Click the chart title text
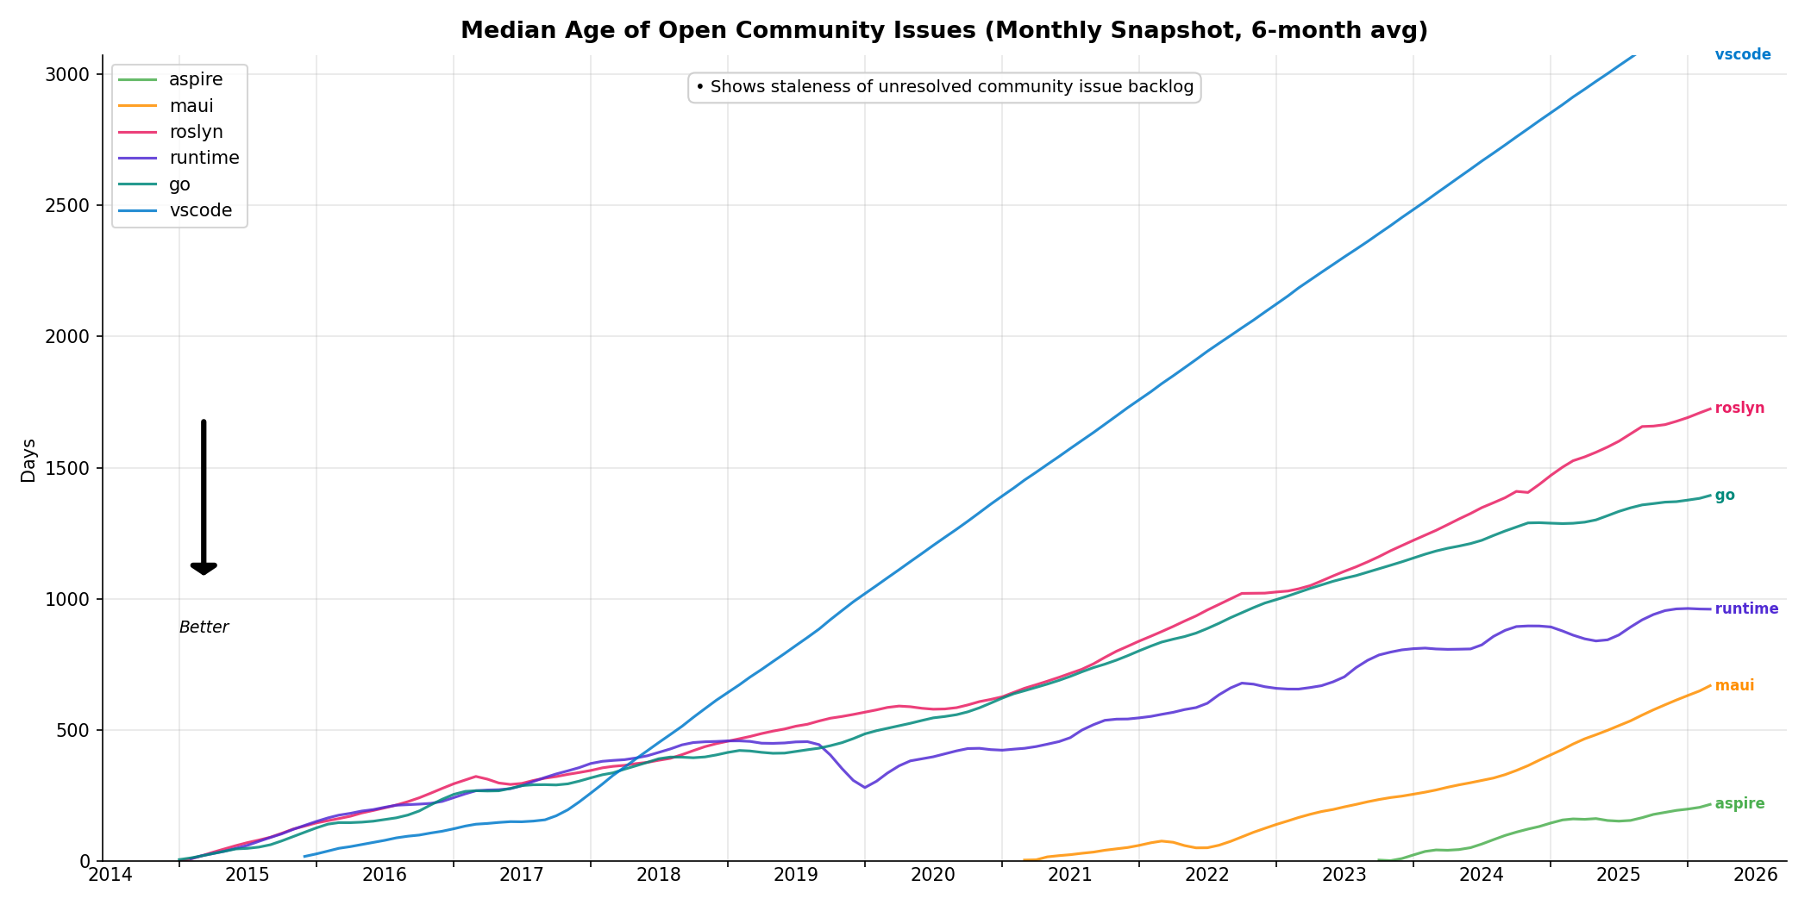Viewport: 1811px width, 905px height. (x=943, y=31)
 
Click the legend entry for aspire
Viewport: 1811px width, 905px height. (x=195, y=80)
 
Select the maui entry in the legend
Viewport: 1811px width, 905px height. (x=191, y=106)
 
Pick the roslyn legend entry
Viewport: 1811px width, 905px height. (x=195, y=132)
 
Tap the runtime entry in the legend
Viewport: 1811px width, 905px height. (x=204, y=158)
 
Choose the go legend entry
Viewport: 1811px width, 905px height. (x=179, y=184)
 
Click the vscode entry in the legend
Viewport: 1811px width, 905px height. (x=200, y=210)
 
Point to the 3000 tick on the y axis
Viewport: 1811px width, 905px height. (x=66, y=74)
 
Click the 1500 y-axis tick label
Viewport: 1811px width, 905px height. (x=66, y=468)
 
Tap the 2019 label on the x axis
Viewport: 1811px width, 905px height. (x=795, y=876)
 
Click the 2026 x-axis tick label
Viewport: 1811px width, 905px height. (x=1755, y=876)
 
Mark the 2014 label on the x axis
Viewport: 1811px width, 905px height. (x=110, y=876)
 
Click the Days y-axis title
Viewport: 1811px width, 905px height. (x=28, y=460)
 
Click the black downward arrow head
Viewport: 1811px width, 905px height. (x=204, y=568)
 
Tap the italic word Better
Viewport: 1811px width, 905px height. (x=204, y=627)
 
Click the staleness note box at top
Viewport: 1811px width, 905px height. (x=943, y=87)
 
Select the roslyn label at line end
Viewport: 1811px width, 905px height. (x=1739, y=409)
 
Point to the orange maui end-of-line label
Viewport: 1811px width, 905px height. (x=1733, y=686)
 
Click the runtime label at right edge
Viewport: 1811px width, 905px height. (x=1745, y=609)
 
